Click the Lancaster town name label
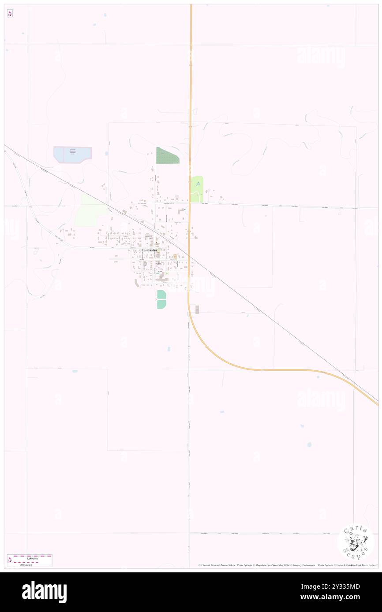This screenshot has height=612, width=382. pyautogui.click(x=149, y=250)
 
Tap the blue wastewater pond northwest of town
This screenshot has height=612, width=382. pyautogui.click(x=72, y=154)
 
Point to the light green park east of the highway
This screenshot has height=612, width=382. pyautogui.click(x=197, y=189)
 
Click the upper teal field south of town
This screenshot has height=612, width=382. pyautogui.click(x=161, y=294)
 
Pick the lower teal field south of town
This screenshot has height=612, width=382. pyautogui.click(x=161, y=304)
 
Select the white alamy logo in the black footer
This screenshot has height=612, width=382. pyautogui.click(x=45, y=592)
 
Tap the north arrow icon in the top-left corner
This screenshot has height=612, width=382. pyautogui.click(x=10, y=14)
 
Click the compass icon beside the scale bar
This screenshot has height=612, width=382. pyautogui.click(x=10, y=560)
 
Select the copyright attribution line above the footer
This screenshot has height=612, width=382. pyautogui.click(x=287, y=565)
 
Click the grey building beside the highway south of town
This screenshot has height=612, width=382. pyautogui.click(x=197, y=310)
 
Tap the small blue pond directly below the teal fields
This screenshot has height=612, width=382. pyautogui.click(x=169, y=349)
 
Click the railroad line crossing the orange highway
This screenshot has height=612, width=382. pyautogui.click(x=190, y=255)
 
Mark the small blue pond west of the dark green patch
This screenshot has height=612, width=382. pyautogui.click(x=106, y=153)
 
